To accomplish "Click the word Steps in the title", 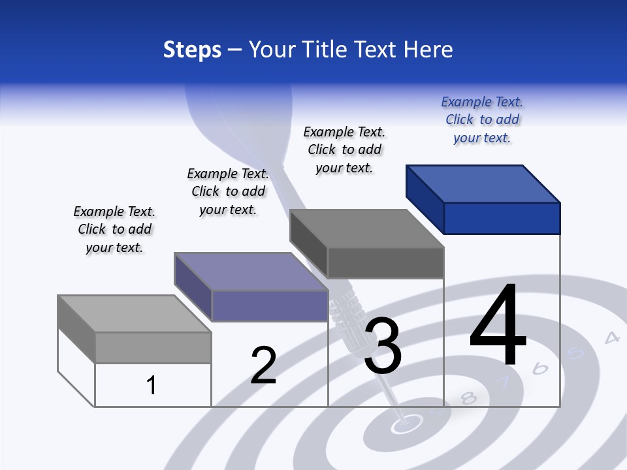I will [x=192, y=50].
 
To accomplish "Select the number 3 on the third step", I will [x=383, y=346].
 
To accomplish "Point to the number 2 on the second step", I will [x=264, y=366].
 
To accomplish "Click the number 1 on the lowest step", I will [x=152, y=385].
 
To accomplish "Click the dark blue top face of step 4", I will [x=483, y=183].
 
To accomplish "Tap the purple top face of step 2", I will [x=251, y=272].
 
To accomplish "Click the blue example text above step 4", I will [x=482, y=119].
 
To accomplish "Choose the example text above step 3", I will [x=344, y=149].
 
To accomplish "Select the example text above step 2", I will [x=228, y=191].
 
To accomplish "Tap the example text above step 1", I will [x=114, y=229].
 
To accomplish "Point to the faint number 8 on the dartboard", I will [x=468, y=398].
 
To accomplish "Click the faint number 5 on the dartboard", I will [x=576, y=353].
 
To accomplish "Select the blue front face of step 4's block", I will [x=502, y=218].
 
